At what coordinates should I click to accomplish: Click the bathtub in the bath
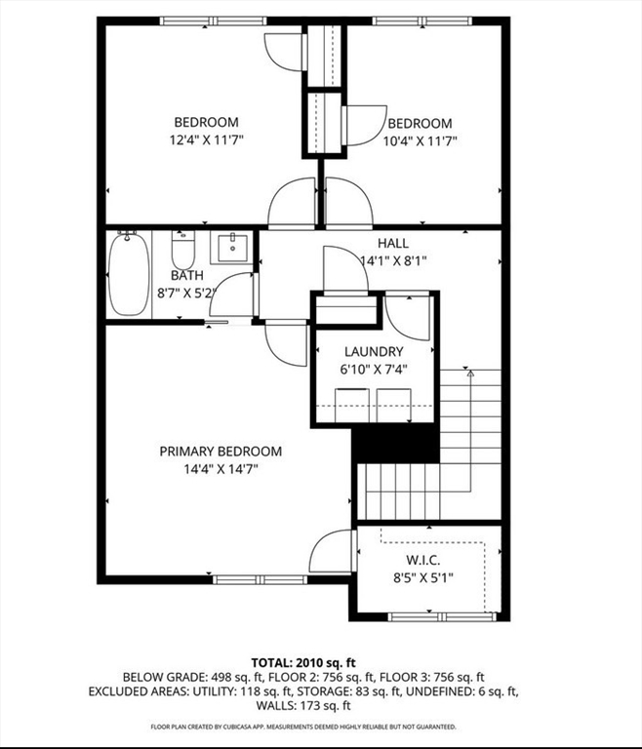(129, 274)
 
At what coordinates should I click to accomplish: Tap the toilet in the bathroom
(183, 251)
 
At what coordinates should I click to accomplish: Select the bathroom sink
(232, 247)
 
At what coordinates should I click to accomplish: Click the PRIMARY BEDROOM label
(221, 452)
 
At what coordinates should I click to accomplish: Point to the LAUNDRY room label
(374, 351)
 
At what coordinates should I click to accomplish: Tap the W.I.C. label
(423, 560)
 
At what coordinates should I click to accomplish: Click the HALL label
(393, 243)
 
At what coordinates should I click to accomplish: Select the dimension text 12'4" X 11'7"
(207, 140)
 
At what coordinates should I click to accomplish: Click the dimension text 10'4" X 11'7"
(421, 141)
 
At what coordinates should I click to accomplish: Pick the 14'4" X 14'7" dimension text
(221, 469)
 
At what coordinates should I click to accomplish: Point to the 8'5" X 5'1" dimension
(423, 578)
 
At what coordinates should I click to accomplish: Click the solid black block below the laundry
(396, 445)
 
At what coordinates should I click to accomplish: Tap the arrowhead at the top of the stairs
(470, 374)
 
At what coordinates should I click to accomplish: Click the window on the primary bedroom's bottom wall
(261, 580)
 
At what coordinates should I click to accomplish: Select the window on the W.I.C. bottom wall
(442, 617)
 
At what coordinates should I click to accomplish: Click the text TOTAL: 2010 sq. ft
(303, 662)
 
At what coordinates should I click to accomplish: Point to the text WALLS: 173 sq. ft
(303, 705)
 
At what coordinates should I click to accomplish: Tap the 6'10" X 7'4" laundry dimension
(374, 370)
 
